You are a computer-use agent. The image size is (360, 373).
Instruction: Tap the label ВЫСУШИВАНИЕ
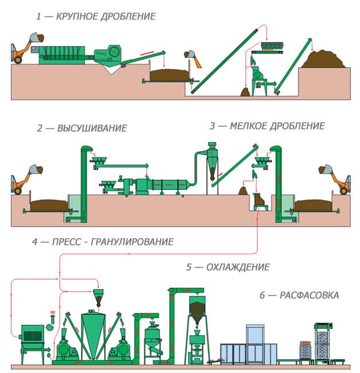point(92,128)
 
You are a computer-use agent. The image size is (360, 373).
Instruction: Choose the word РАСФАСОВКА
point(309,296)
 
